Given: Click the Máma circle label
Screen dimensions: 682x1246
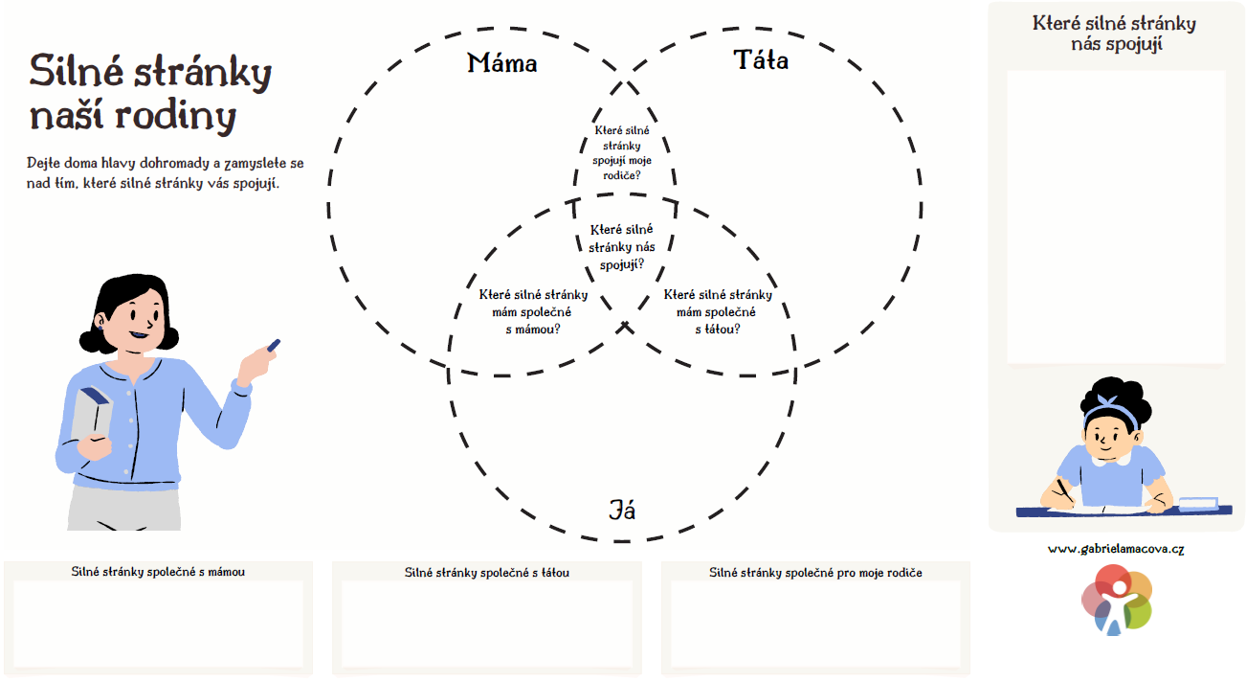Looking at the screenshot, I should point(502,64).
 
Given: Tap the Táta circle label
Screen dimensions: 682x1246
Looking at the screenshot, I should point(761,61).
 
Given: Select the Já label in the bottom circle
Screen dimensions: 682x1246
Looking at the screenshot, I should point(622,510).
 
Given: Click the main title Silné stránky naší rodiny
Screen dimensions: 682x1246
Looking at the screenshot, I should point(150,94).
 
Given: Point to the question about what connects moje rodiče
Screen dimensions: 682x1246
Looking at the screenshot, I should point(622,153).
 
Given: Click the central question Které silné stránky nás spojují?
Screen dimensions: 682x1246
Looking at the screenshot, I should point(622,246).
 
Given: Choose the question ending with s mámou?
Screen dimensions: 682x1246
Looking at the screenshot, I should point(533,311).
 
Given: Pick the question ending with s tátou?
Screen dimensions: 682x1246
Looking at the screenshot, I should point(717,311).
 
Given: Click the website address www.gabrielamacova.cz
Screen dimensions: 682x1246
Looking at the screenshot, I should point(1116,549).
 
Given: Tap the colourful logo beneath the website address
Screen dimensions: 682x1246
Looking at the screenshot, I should point(1117,600).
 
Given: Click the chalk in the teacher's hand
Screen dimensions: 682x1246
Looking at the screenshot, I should point(273,345).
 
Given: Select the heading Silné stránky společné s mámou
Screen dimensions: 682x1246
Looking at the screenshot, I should point(158,572).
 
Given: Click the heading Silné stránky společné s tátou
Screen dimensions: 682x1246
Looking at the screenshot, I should point(487,573).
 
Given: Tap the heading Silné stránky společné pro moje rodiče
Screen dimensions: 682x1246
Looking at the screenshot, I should point(815,573).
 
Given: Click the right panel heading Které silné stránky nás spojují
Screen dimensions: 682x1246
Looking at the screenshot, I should point(1115,34).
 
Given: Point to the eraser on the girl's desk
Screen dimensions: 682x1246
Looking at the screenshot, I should point(1198,503).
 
